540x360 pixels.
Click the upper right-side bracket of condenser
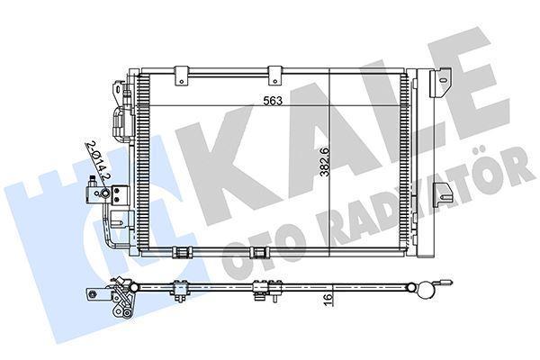pos(441,83)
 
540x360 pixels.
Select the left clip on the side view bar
pos(180,289)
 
